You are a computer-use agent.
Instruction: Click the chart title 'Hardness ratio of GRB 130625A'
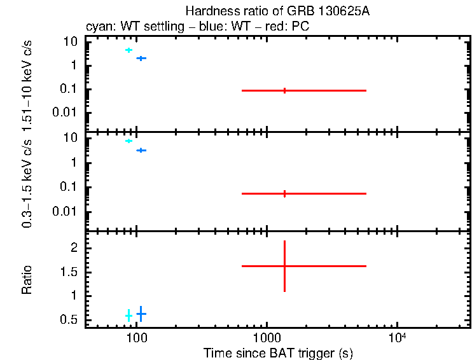[277, 11]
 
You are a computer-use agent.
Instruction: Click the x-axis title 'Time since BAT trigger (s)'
[278, 352]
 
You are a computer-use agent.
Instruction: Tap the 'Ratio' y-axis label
[27, 280]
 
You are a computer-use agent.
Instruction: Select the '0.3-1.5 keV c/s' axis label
[27, 181]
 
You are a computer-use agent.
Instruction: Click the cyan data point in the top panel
[128, 50]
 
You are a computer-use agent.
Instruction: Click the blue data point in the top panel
[141, 58]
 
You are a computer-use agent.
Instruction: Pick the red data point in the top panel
[284, 91]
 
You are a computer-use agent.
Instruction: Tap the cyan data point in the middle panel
[128, 141]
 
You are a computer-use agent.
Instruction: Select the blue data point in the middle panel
[141, 150]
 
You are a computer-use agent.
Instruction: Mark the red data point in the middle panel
[284, 193]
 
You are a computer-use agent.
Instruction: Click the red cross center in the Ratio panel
[284, 266]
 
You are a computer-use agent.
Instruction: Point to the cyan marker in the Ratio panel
[128, 315]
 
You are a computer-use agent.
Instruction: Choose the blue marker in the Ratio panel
[141, 314]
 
